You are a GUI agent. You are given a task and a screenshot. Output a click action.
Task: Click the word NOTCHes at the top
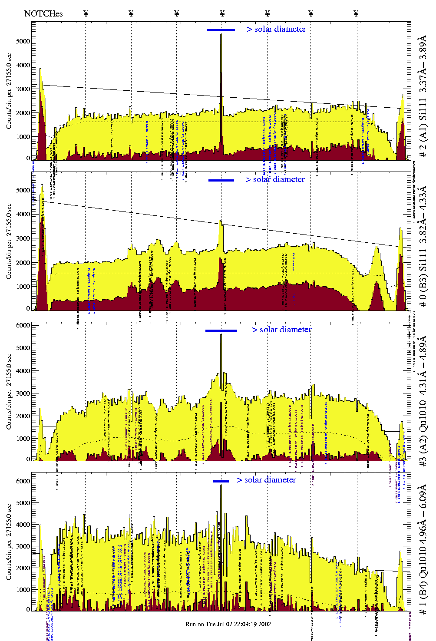(43, 13)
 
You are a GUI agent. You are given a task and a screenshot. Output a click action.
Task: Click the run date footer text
(228, 624)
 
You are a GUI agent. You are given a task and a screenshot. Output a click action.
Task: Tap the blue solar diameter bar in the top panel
(221, 30)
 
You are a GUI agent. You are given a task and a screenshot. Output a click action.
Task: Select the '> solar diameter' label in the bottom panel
(266, 480)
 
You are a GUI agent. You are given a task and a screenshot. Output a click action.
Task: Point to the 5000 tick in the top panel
(23, 41)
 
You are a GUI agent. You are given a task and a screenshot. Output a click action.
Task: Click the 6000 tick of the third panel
(23, 325)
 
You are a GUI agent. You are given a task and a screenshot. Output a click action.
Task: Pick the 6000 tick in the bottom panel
(23, 481)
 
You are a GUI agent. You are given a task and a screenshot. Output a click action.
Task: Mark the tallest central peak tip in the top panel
(221, 34)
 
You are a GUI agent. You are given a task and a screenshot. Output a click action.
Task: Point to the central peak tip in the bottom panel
(221, 485)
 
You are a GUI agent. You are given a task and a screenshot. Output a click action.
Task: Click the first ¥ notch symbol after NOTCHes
(86, 13)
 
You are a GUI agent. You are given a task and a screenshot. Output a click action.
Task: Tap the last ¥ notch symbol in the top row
(356, 13)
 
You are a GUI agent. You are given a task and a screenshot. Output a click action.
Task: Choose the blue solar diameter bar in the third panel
(221, 330)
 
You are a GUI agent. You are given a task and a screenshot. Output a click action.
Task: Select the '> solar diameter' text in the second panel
(275, 179)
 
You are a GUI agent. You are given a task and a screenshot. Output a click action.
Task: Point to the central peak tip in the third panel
(221, 335)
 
